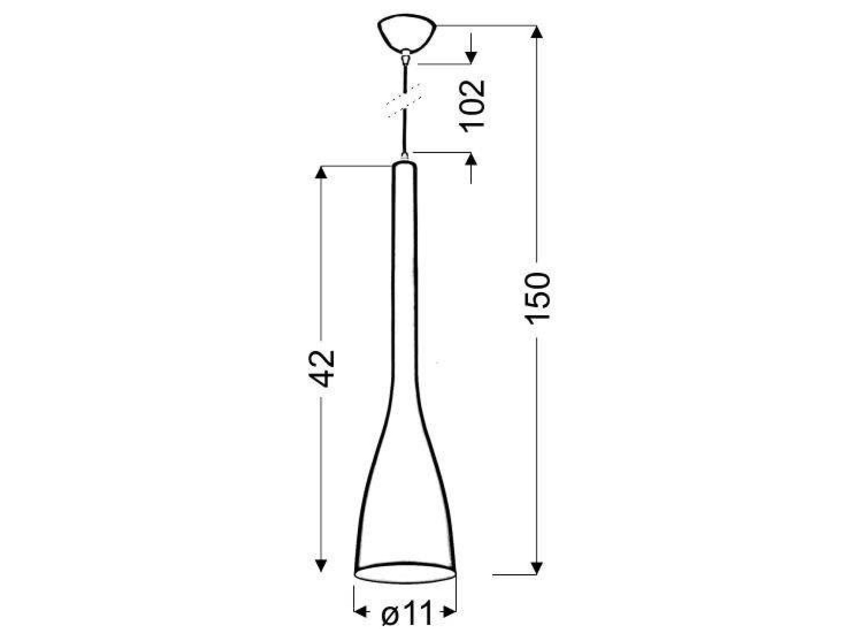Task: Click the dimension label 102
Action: click(472, 104)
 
